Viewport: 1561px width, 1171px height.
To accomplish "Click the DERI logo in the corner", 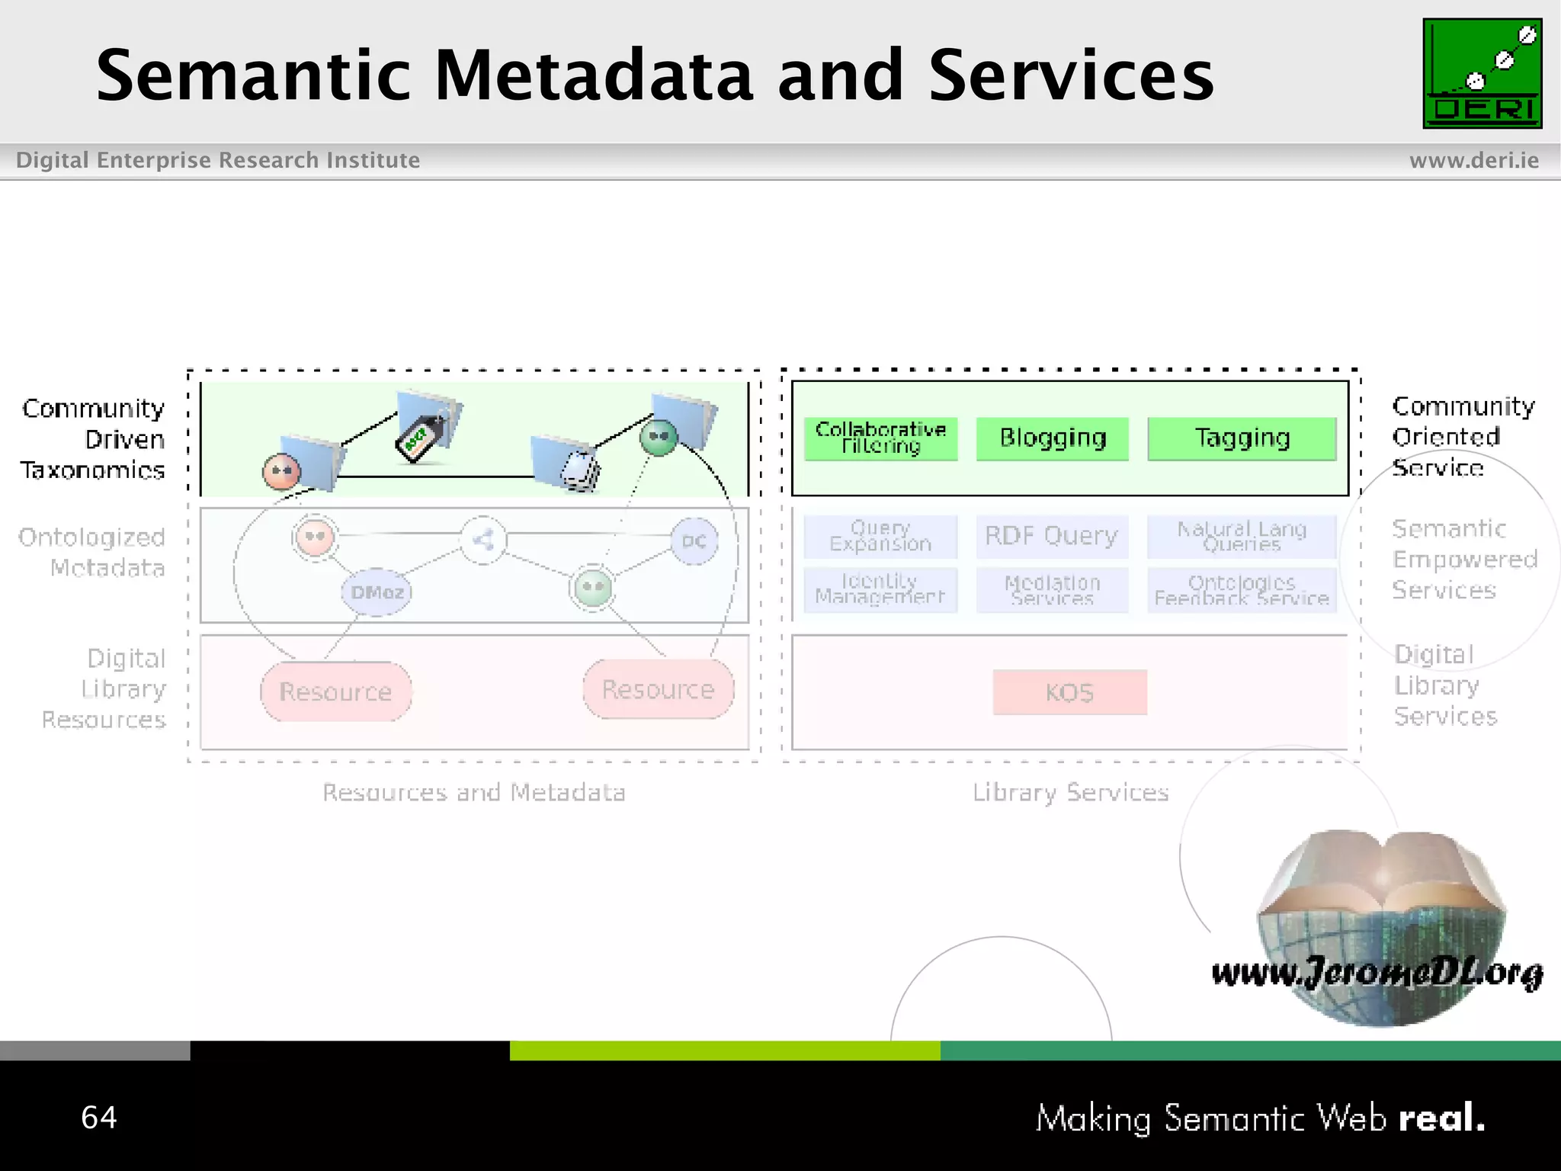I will [x=1482, y=74].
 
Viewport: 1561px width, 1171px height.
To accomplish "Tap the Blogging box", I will [x=1052, y=438].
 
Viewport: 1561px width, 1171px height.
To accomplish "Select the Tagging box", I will [x=1242, y=438].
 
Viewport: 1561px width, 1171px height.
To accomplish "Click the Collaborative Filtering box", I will [x=880, y=438].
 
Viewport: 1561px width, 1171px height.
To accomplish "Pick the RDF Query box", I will [x=1052, y=536].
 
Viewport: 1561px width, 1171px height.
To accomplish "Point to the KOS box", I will [x=1069, y=692].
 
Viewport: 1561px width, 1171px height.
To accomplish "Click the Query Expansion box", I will [x=880, y=536].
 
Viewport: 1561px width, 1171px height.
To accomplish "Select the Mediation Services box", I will [x=1052, y=590].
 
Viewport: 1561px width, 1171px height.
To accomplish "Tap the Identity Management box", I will [x=880, y=589].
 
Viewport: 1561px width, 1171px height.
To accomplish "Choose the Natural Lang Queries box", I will [x=1242, y=536].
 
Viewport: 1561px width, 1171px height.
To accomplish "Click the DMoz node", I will [x=377, y=592].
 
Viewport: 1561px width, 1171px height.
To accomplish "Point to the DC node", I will [x=694, y=541].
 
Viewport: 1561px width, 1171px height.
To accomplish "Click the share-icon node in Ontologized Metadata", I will [x=483, y=541].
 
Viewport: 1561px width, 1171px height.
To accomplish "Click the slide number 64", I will [x=99, y=1118].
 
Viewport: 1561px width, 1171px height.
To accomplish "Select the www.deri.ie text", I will [x=1473, y=161].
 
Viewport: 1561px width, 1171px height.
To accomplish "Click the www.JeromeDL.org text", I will [x=1377, y=973].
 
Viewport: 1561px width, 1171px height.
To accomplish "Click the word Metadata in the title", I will [x=594, y=75].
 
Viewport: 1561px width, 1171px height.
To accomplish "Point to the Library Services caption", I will [x=1070, y=793].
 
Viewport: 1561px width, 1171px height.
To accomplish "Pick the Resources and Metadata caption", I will [x=473, y=793].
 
